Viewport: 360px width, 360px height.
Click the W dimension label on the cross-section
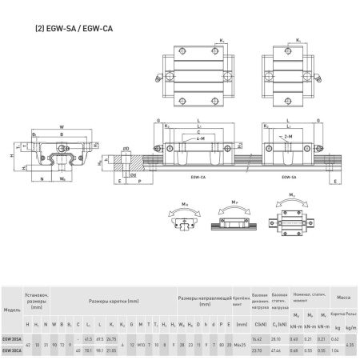point(62,126)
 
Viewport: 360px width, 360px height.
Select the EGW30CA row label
point(12,350)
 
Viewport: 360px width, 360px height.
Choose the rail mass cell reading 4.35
point(350,345)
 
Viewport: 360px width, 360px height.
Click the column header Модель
point(12,310)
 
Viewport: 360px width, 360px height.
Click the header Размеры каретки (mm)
point(118,301)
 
